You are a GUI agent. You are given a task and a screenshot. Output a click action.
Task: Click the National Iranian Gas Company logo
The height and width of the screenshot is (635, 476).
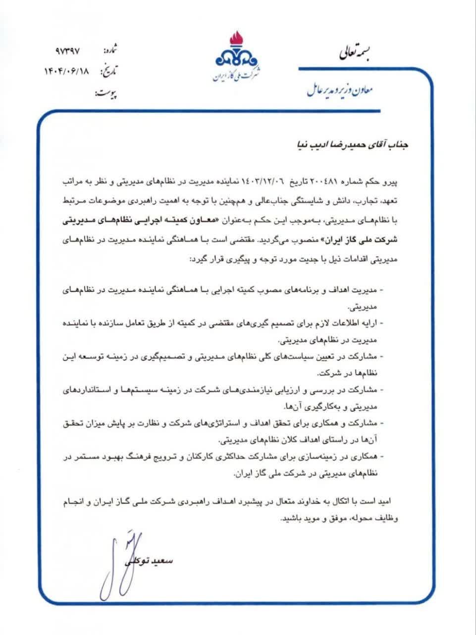[237, 57]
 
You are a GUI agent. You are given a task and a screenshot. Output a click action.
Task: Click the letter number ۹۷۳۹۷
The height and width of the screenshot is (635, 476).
[68, 51]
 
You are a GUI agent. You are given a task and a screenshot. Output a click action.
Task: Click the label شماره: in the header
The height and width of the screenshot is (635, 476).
[110, 51]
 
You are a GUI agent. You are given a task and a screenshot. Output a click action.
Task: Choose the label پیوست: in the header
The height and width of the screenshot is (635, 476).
[106, 93]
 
